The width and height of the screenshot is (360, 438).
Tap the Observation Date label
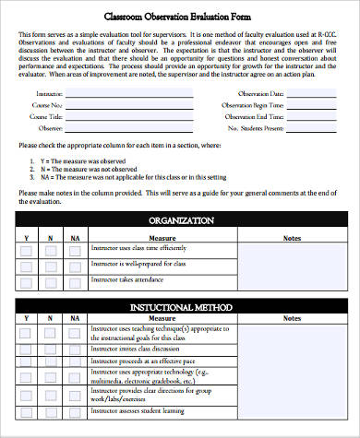(x=259, y=94)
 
